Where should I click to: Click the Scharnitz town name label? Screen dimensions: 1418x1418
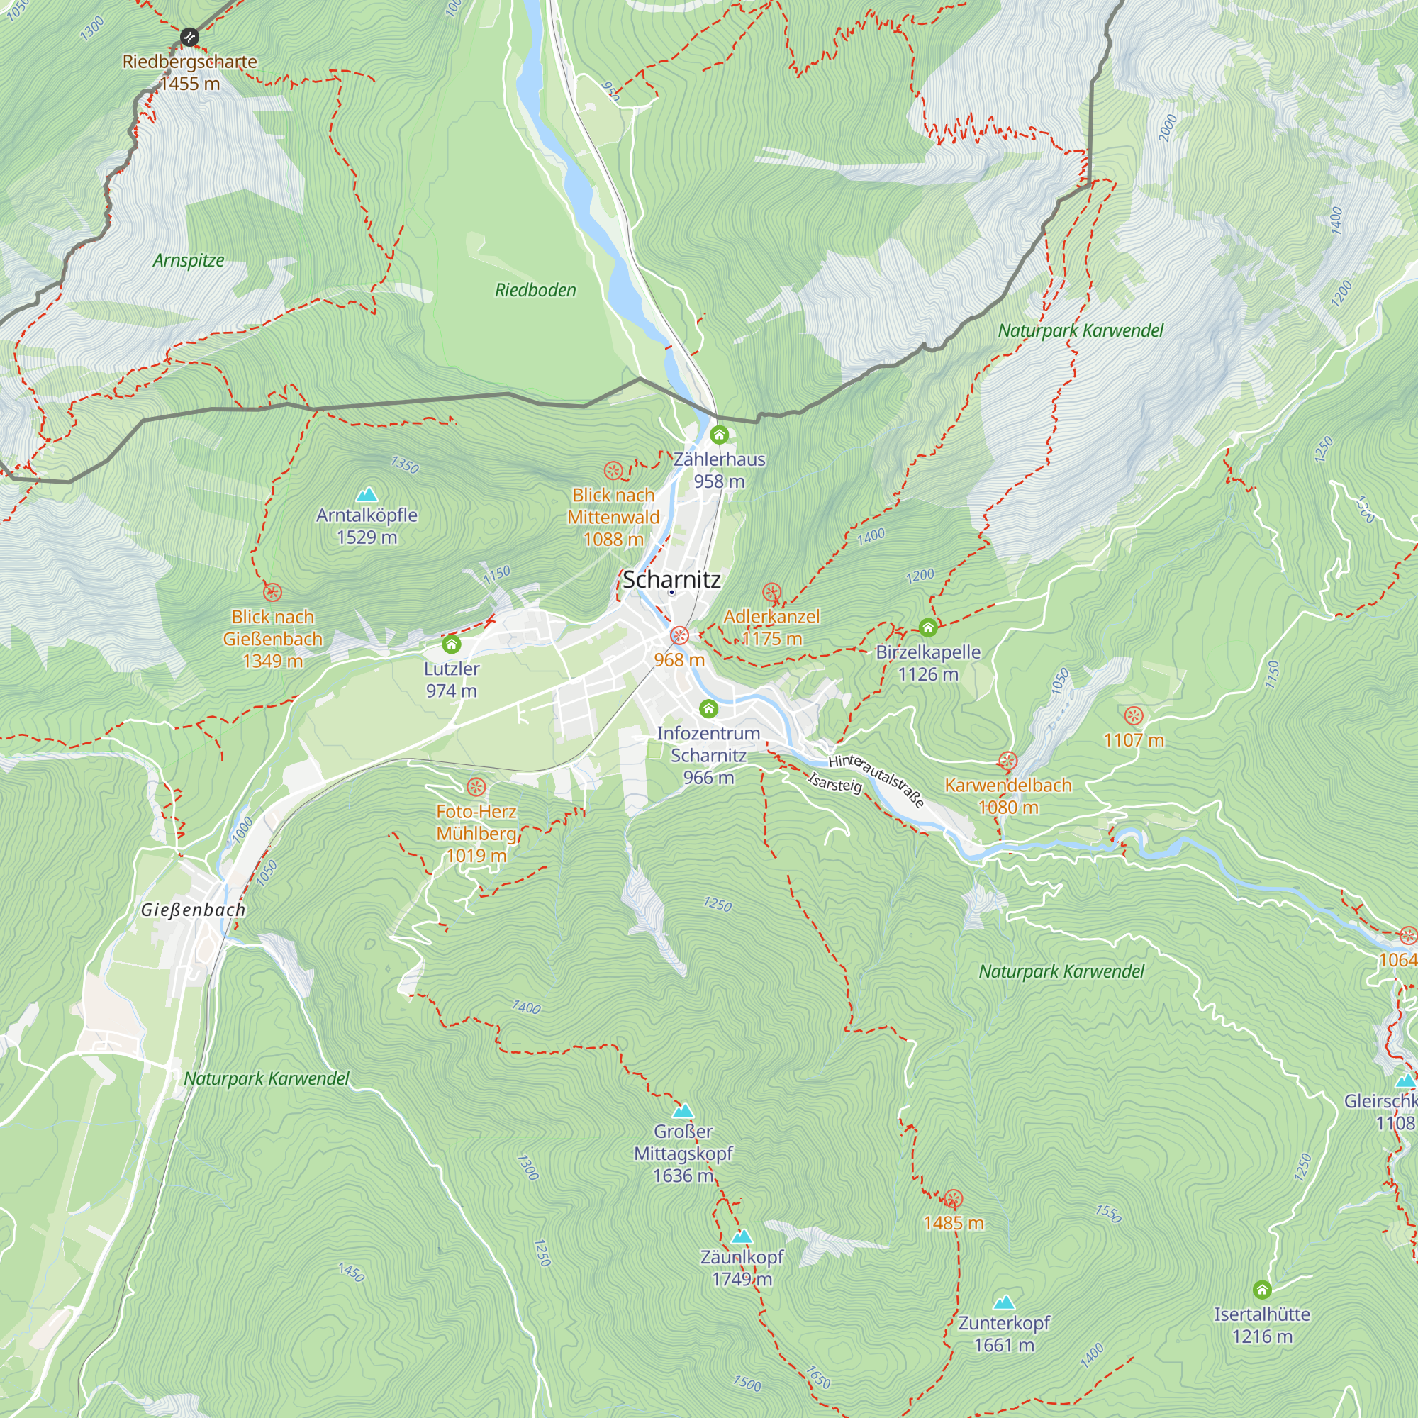671,580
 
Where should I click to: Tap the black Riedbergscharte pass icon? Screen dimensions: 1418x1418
189,37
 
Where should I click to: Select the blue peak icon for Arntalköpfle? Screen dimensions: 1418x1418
367,494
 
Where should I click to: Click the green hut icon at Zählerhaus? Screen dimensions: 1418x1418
719,435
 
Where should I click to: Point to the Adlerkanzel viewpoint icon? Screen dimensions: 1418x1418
771,592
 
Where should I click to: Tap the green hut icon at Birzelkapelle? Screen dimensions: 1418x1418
927,627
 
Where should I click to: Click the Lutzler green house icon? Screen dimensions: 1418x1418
452,644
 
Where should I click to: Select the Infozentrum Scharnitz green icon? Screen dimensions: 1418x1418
708,708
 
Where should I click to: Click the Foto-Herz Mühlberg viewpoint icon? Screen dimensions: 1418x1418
476,788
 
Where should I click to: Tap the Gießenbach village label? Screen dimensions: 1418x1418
193,910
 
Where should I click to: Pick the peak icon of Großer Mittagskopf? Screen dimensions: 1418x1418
683,1110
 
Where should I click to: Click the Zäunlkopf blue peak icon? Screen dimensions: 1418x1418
742,1236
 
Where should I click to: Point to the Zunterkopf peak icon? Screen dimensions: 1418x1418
1003,1302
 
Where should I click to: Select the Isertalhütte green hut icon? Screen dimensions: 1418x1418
1262,1290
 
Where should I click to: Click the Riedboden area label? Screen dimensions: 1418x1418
535,291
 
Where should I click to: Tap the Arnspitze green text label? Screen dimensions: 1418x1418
189,260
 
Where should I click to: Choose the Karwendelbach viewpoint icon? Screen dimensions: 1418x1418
1007,761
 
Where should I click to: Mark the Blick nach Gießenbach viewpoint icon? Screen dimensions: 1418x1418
272,592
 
